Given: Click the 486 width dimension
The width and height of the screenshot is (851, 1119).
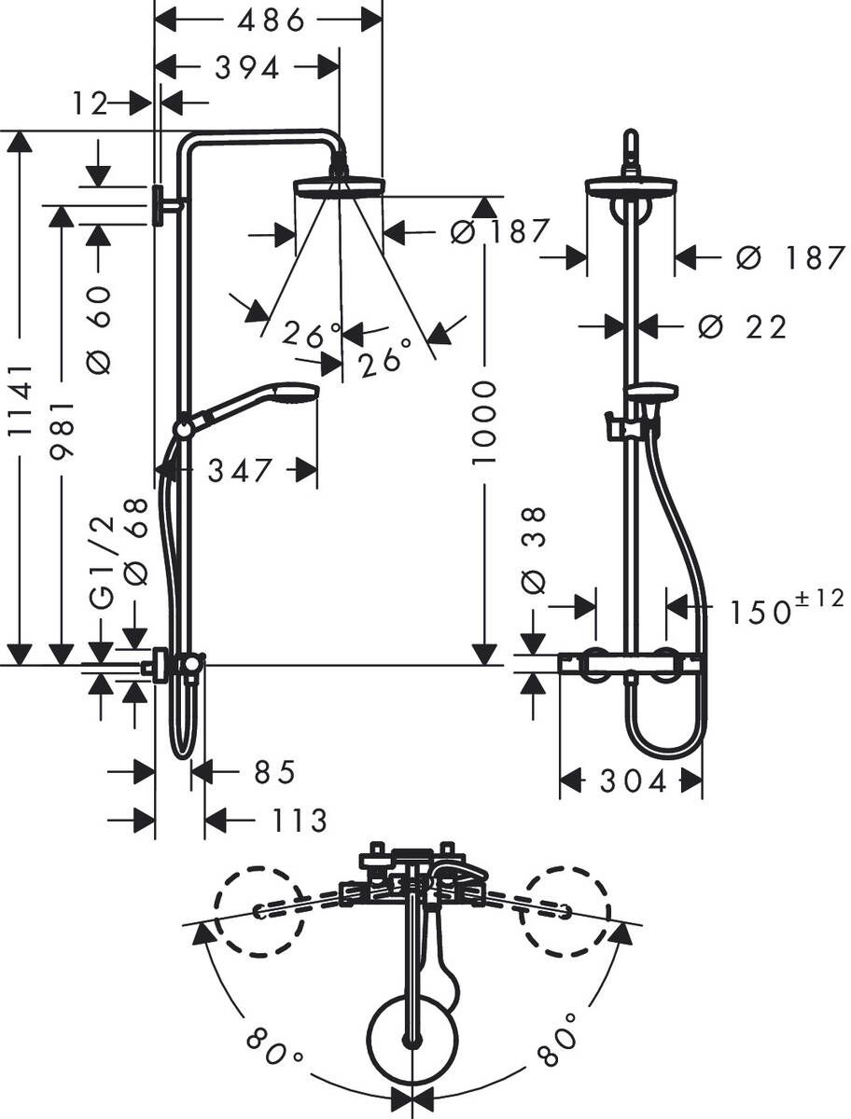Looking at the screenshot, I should [269, 20].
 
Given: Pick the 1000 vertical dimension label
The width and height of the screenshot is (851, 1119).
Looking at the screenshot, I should [485, 435].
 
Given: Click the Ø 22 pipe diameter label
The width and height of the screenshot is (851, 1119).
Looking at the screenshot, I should [742, 326].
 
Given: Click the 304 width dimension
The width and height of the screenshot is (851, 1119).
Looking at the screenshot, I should [633, 781].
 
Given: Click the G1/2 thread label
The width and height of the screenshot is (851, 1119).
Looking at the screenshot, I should [102, 563].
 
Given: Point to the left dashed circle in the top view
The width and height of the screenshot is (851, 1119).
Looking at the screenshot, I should [259, 911].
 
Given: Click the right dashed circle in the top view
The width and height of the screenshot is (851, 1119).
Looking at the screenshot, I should [567, 911].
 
